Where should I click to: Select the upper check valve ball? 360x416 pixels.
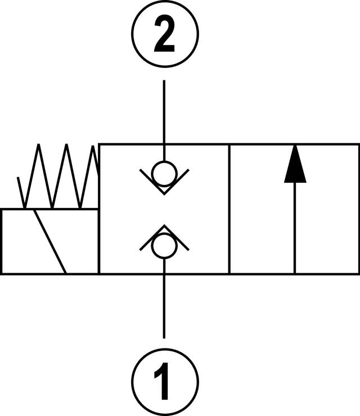point(164,173)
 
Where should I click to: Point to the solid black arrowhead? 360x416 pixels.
point(295,165)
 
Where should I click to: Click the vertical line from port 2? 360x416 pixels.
point(164,112)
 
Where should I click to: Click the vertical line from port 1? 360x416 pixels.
point(164,304)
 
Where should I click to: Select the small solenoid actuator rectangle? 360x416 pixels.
point(22,242)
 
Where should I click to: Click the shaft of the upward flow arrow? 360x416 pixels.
point(295,230)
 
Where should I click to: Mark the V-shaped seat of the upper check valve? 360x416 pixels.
point(164,188)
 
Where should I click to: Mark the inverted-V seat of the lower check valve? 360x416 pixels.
point(164,230)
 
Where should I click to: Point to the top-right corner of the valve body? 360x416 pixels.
point(358,144)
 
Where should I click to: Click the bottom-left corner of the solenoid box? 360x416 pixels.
point(2,273)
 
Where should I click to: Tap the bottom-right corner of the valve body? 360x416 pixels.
point(358,273)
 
